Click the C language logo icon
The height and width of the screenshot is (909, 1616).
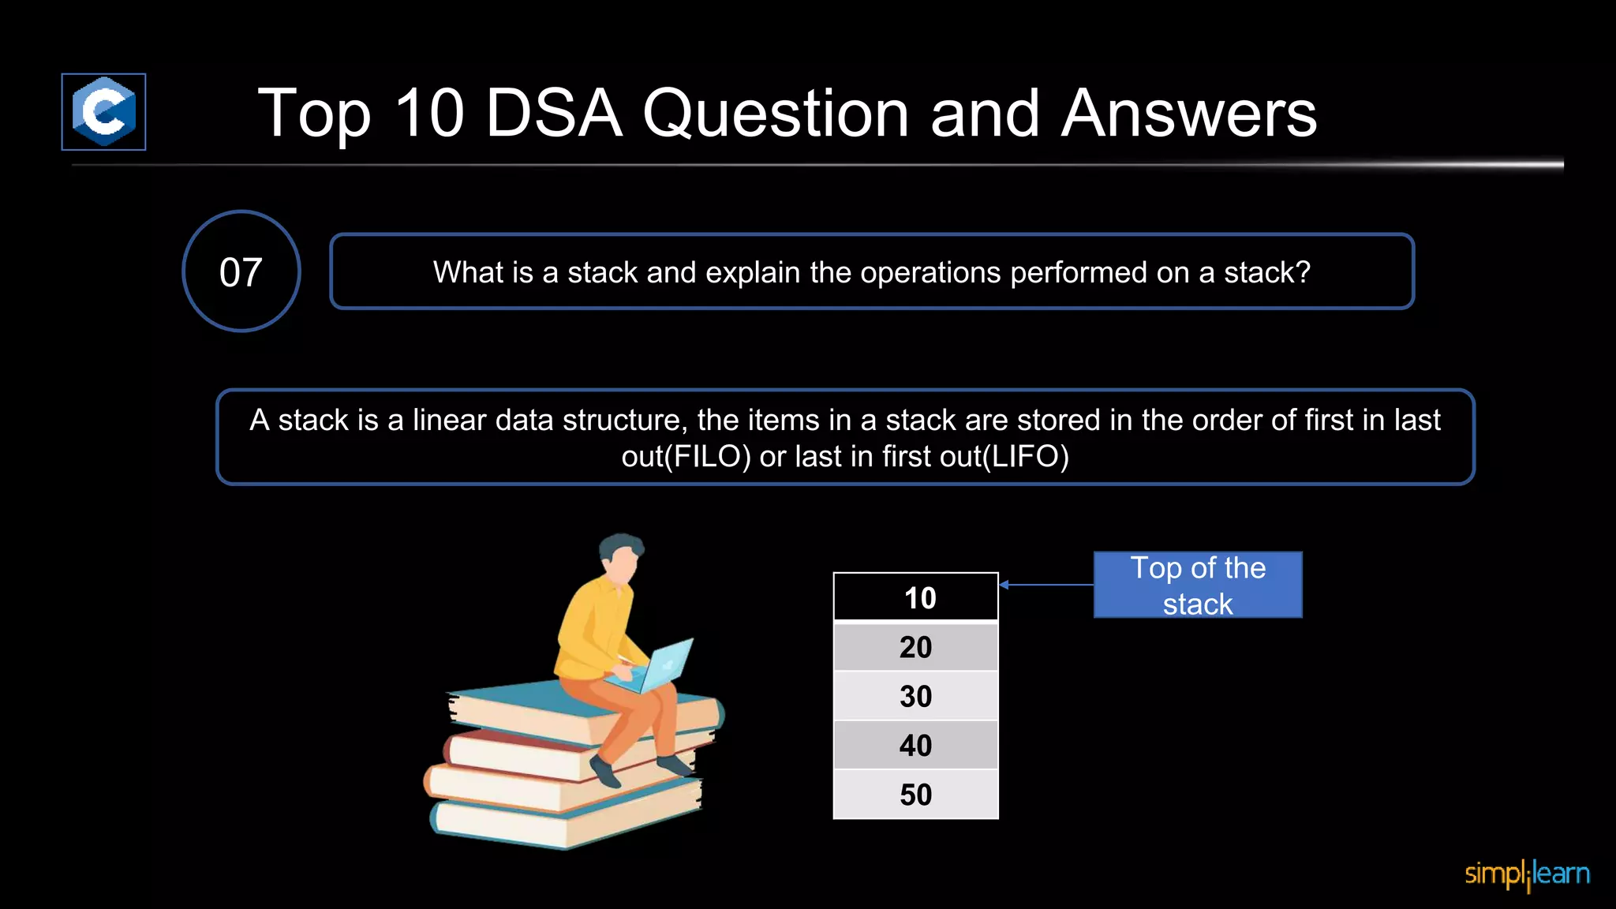103,111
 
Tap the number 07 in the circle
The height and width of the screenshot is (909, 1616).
241,272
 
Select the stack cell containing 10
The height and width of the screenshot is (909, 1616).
915,597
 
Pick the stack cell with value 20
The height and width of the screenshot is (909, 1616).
915,647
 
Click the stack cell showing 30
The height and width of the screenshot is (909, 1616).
915,696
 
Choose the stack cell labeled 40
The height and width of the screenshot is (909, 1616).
915,745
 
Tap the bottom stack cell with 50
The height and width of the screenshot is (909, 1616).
915,794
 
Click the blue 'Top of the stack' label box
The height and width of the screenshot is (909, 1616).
1197,585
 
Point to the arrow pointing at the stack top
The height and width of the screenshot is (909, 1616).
1045,585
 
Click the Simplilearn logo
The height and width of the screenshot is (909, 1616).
1527,874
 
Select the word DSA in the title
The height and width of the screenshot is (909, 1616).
553,114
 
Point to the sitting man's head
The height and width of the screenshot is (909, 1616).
621,557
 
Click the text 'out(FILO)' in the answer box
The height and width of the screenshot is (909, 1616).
685,457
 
